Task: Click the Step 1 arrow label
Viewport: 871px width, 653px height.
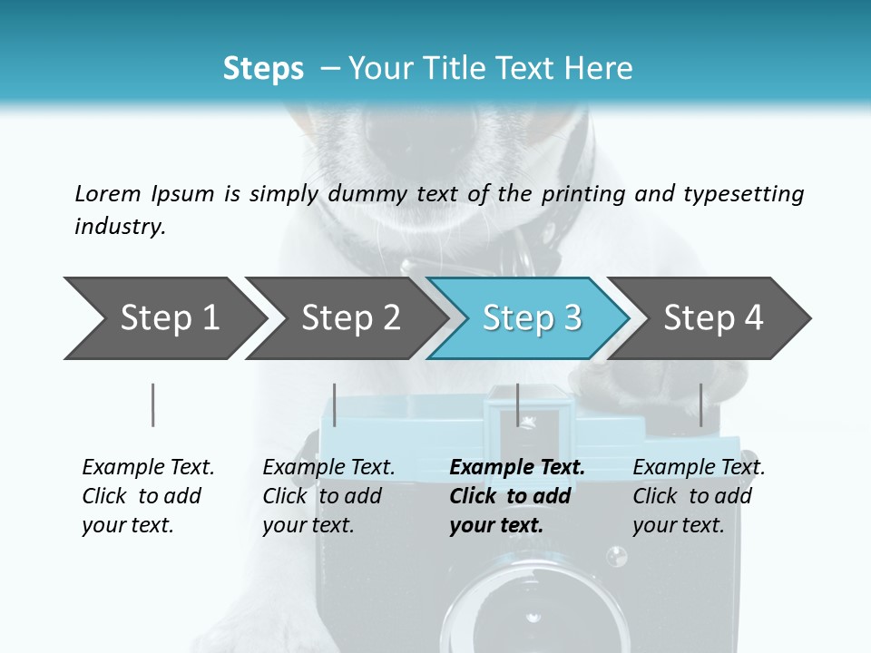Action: point(170,317)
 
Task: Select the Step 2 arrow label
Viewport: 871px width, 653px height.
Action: point(351,317)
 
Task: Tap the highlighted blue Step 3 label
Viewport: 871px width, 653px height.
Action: point(532,317)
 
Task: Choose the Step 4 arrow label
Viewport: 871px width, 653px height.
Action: point(713,317)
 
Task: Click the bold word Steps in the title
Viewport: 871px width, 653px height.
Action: point(263,69)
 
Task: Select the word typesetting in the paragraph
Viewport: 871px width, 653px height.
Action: point(743,194)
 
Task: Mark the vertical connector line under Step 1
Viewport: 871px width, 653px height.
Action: point(152,404)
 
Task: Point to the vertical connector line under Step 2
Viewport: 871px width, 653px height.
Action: point(335,404)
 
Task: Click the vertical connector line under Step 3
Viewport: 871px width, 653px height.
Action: point(517,404)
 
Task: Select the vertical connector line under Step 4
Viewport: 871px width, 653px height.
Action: point(700,404)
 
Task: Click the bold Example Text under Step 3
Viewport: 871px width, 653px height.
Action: point(517,468)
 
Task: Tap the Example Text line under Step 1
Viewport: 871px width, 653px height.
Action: point(148,468)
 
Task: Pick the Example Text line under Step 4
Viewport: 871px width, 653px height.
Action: point(699,468)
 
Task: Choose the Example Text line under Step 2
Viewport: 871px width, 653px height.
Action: point(328,468)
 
